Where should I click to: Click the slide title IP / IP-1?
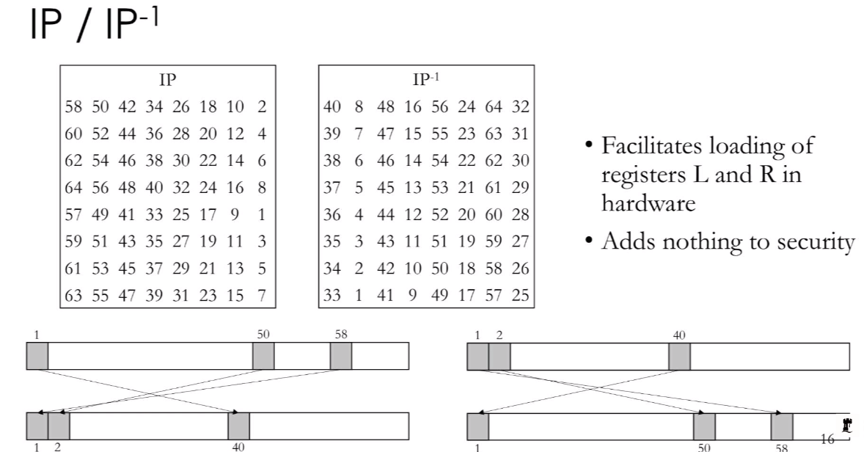[x=94, y=24]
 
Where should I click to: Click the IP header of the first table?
[x=167, y=80]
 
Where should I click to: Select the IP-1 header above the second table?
[x=425, y=79]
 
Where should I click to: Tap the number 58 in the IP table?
[x=73, y=106]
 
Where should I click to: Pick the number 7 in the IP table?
[x=262, y=296]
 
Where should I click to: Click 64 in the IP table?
[x=73, y=187]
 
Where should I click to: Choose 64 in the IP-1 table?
[x=493, y=106]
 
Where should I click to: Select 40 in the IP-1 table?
[x=332, y=106]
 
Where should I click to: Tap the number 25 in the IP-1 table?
[x=520, y=296]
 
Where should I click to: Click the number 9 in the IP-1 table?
[x=412, y=296]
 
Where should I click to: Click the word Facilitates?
[x=651, y=145]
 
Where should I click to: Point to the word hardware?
[x=648, y=203]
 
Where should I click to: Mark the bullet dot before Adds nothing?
[x=589, y=241]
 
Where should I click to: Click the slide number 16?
[x=827, y=439]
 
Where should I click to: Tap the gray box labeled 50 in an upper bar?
[x=263, y=356]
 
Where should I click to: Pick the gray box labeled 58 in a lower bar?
[x=782, y=426]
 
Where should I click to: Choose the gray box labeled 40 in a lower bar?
[x=238, y=426]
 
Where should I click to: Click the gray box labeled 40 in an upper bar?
[x=679, y=357]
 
